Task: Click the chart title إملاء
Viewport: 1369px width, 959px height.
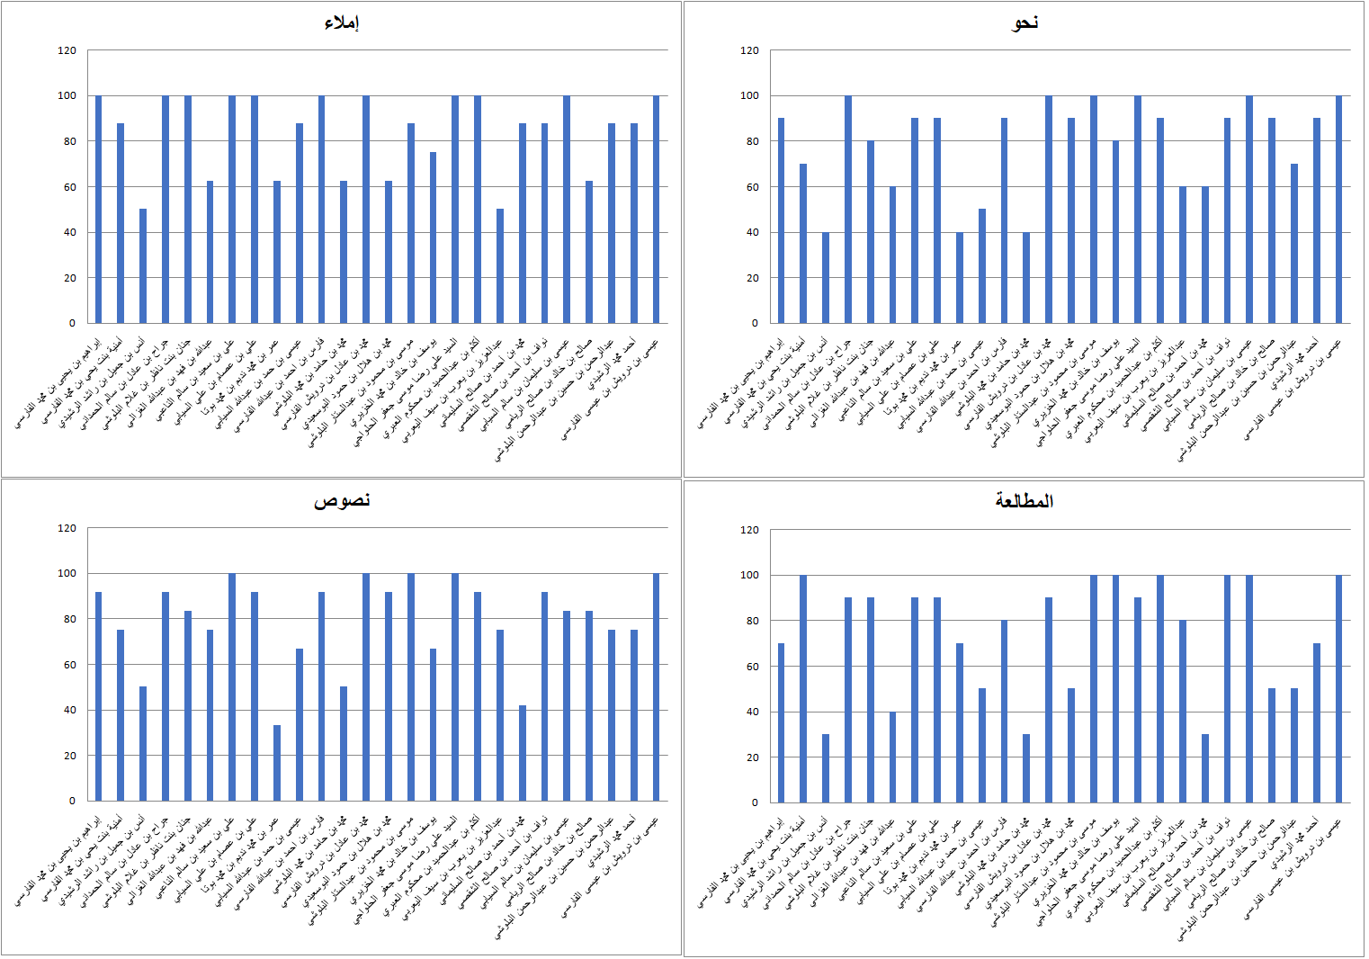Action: pos(342,22)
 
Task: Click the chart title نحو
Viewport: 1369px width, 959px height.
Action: pos(1025,22)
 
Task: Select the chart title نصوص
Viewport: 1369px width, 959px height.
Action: pos(342,500)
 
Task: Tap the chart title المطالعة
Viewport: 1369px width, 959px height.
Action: pos(1025,501)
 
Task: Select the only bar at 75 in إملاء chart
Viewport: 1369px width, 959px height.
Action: pos(433,238)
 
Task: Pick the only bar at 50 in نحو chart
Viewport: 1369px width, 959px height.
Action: pos(982,266)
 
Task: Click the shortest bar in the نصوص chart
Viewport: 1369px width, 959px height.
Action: pos(277,763)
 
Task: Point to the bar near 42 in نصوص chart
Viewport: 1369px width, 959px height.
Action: pos(523,753)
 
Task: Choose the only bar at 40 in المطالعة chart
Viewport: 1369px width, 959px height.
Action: pos(893,757)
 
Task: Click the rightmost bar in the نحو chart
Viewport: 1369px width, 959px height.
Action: pos(1338,210)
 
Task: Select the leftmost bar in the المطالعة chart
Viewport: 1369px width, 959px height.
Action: pos(781,723)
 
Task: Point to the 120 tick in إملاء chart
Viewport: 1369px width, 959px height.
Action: pos(67,50)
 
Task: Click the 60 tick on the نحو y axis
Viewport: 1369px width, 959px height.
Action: pos(750,187)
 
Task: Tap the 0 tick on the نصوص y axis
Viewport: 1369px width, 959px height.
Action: pos(73,801)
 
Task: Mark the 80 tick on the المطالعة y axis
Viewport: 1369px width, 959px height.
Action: pos(750,621)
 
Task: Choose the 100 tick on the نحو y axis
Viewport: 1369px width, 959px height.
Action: pos(750,95)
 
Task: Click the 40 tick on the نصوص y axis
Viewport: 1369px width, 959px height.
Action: pos(67,710)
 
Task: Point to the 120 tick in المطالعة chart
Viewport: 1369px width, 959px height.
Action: pos(750,530)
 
